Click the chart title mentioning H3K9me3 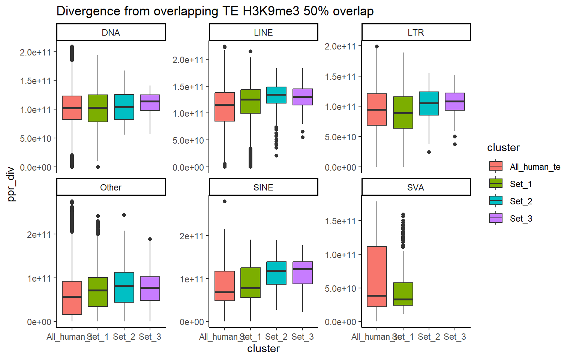(x=215, y=11)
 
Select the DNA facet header (x=111, y=32)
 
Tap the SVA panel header (x=416, y=187)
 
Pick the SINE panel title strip (x=263, y=187)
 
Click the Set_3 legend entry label (x=521, y=219)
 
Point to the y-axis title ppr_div (x=11, y=184)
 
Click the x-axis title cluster (x=263, y=349)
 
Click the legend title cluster (x=503, y=148)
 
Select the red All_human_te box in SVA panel (x=377, y=276)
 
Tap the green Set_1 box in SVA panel (x=403, y=294)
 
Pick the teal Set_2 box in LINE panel (x=276, y=95)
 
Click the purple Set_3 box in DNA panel (x=150, y=103)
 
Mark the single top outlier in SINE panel (x=225, y=201)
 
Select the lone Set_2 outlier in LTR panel (x=429, y=152)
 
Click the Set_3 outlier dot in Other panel (x=150, y=239)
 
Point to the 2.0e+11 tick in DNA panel (x=35, y=52)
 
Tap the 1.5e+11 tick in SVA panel (x=340, y=221)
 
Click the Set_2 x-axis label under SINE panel (x=276, y=337)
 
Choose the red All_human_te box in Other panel (x=72, y=298)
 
